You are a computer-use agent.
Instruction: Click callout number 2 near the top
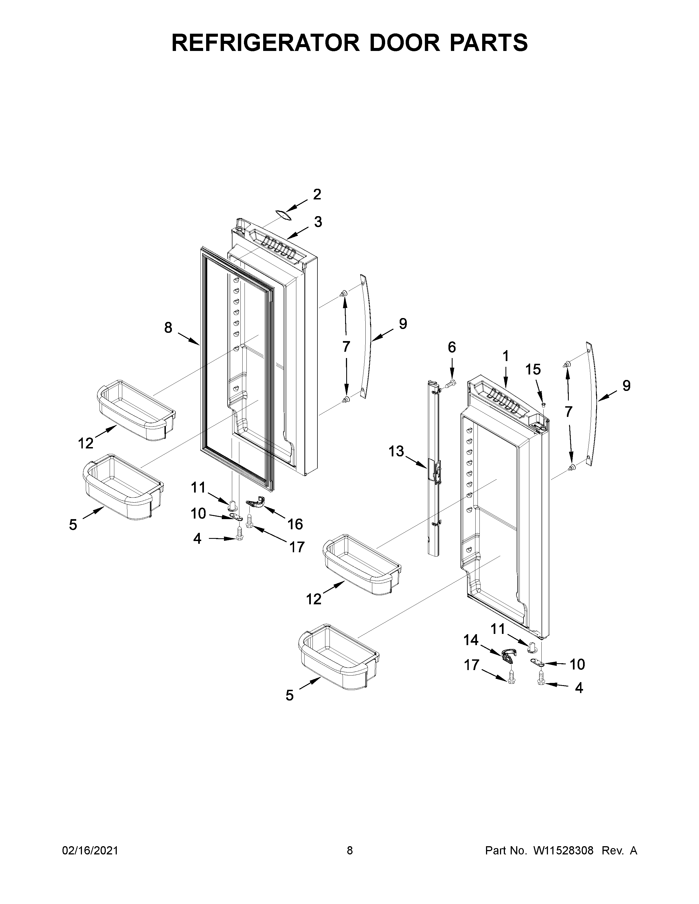[317, 194]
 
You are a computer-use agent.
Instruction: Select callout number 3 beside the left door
[318, 222]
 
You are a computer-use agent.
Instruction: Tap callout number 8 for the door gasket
[168, 328]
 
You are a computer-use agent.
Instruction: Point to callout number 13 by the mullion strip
[396, 451]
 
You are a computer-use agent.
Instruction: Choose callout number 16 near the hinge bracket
[295, 524]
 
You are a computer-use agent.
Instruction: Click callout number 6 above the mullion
[451, 347]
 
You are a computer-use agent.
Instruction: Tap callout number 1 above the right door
[506, 356]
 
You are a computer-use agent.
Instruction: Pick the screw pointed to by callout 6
[451, 384]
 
